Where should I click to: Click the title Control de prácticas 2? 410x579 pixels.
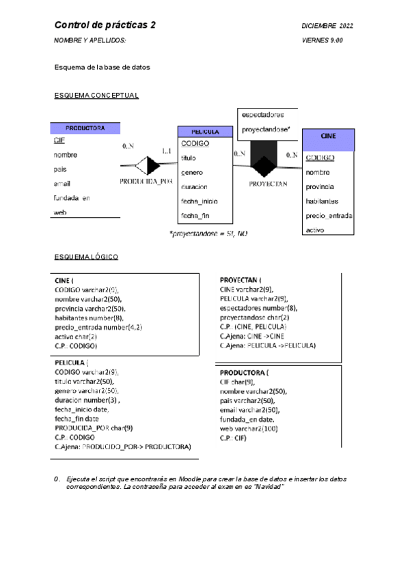(x=105, y=25)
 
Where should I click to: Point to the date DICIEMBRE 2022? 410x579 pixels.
(x=327, y=26)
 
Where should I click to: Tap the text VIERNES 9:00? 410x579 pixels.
(x=323, y=41)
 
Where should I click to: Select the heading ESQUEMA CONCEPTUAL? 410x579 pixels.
(x=96, y=96)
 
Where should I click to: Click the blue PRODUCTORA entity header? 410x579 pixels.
(x=85, y=128)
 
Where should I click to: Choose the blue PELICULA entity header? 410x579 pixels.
(x=205, y=132)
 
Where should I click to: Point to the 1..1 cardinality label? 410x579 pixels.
(x=167, y=150)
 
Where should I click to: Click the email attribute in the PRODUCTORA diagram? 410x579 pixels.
(x=62, y=184)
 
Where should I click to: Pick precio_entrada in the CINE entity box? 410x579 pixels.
(x=329, y=216)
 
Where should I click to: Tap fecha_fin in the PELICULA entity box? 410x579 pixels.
(x=195, y=216)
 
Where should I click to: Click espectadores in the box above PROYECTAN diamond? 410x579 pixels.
(x=262, y=115)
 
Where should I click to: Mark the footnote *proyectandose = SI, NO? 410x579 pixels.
(x=208, y=234)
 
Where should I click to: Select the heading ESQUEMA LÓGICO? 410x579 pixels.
(x=86, y=257)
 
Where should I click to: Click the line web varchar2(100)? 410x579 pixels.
(x=249, y=428)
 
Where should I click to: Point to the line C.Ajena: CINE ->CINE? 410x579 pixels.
(x=252, y=336)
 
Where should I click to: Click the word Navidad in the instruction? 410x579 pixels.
(x=271, y=485)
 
